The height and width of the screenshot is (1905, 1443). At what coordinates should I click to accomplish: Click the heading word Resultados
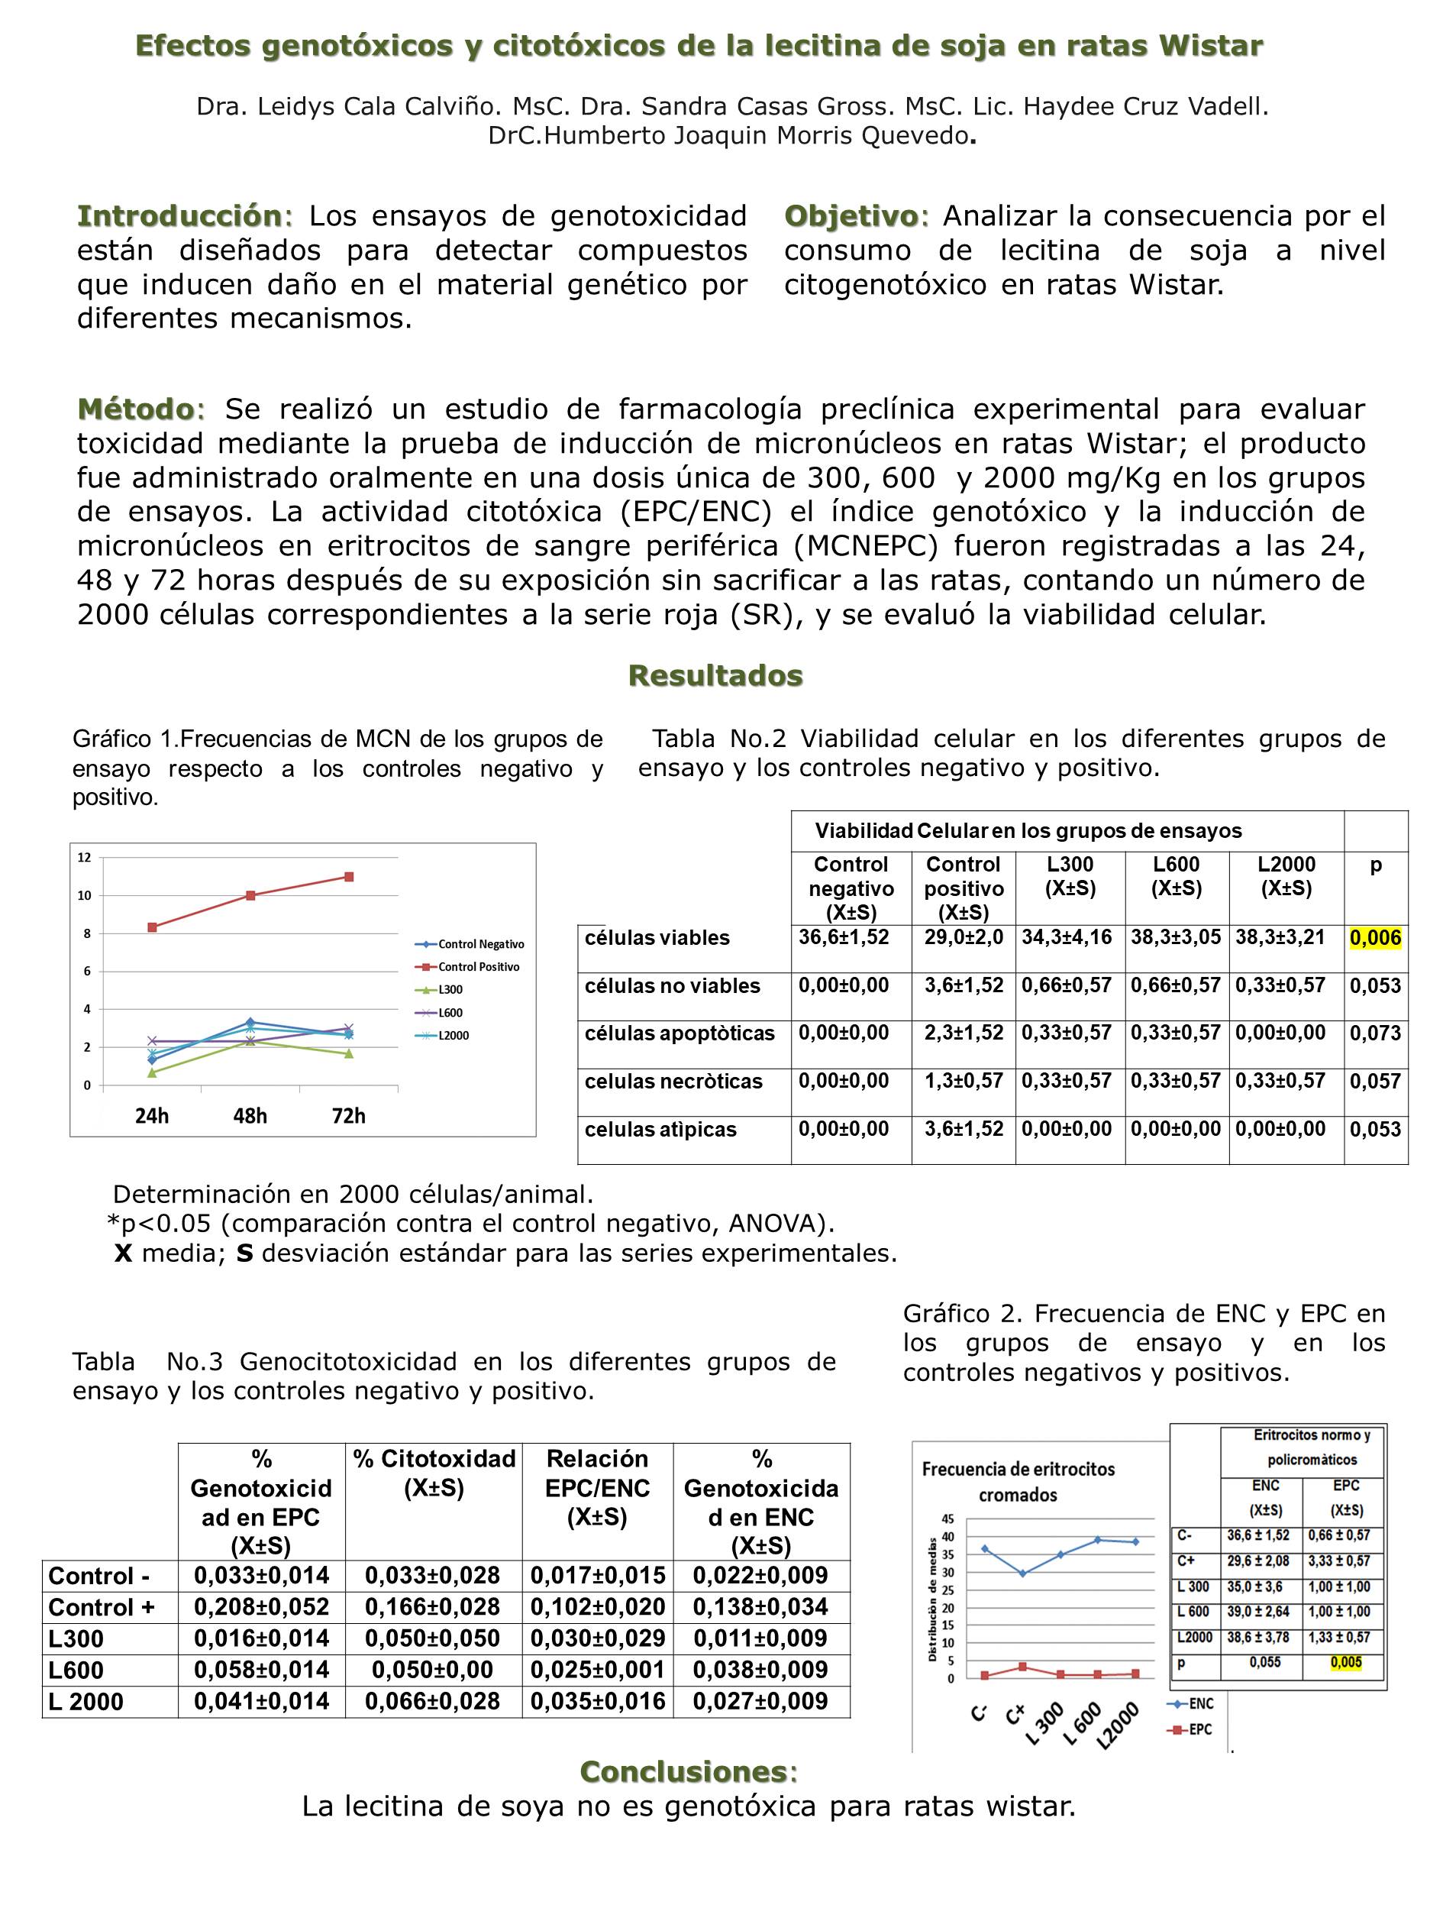coord(715,676)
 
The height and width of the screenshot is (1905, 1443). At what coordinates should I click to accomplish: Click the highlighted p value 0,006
coord(1375,938)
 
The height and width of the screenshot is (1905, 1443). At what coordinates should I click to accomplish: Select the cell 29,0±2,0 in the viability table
coord(964,938)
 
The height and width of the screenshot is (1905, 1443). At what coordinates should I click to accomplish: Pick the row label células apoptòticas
coord(680,1033)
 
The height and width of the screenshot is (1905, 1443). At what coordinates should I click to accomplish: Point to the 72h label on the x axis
coord(349,1116)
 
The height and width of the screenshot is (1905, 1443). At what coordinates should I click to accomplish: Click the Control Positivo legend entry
coord(479,967)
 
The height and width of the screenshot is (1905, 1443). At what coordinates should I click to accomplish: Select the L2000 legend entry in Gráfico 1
coord(453,1036)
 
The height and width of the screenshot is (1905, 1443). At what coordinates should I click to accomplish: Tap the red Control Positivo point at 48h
coord(250,896)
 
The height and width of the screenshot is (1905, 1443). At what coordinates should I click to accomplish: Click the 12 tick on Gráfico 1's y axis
coord(85,858)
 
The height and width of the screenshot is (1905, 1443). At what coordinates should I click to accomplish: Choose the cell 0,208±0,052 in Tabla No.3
coord(262,1607)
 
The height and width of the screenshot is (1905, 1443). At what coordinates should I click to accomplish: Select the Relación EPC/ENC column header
coord(598,1487)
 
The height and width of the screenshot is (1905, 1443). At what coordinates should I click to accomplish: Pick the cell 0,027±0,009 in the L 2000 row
coord(760,1701)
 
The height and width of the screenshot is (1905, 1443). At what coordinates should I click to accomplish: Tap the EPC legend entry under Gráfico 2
coord(1200,1729)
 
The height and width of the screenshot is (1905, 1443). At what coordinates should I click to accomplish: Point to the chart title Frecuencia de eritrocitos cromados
coord(1017,1481)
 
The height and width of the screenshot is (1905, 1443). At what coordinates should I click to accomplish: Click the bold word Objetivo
coord(851,216)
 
